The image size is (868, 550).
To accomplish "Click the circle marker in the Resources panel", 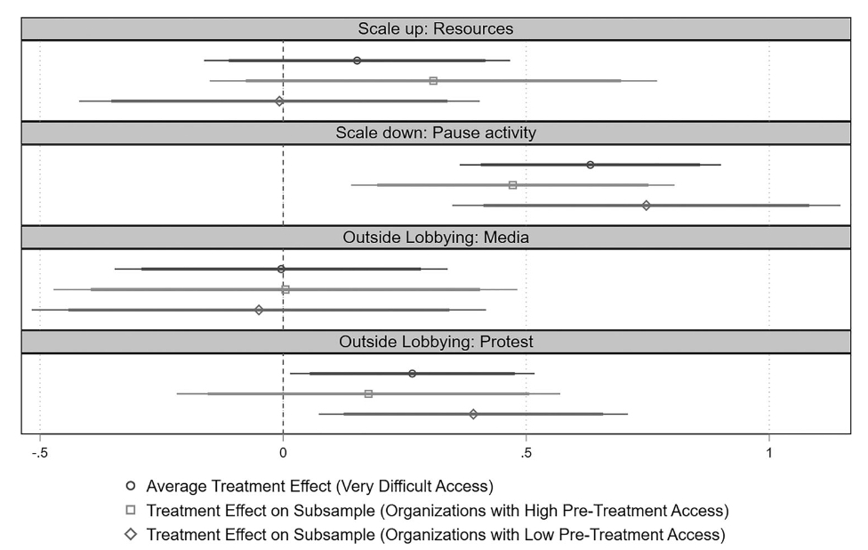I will tap(357, 61).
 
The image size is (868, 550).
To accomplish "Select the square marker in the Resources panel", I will tap(433, 81).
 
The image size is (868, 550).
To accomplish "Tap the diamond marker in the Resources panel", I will tap(279, 101).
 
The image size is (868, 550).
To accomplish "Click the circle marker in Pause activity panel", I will tap(590, 165).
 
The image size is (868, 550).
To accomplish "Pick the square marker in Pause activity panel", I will tap(512, 185).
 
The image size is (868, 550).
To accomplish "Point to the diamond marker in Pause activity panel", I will tap(646, 206).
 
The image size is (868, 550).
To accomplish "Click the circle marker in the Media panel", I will tap(281, 269).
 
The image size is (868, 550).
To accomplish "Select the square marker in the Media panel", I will tap(285, 289).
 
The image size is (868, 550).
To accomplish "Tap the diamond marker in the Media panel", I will tap(259, 310).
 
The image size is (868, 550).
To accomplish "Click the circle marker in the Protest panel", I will tap(412, 373).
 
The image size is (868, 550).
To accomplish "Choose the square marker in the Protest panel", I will tap(368, 393).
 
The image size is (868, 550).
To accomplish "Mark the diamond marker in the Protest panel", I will tap(473, 414).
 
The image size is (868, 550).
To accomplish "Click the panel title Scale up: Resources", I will tap(436, 28).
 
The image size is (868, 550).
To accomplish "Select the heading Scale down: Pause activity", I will tap(436, 133).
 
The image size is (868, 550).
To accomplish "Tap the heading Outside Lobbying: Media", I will tap(436, 237).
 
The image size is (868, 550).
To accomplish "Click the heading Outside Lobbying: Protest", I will tap(436, 341).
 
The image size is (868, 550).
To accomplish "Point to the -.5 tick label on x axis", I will tap(38, 451).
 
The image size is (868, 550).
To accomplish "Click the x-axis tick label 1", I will tap(769, 451).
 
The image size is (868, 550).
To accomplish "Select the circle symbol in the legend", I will tap(131, 486).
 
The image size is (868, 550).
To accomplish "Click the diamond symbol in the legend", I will tap(131, 534).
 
